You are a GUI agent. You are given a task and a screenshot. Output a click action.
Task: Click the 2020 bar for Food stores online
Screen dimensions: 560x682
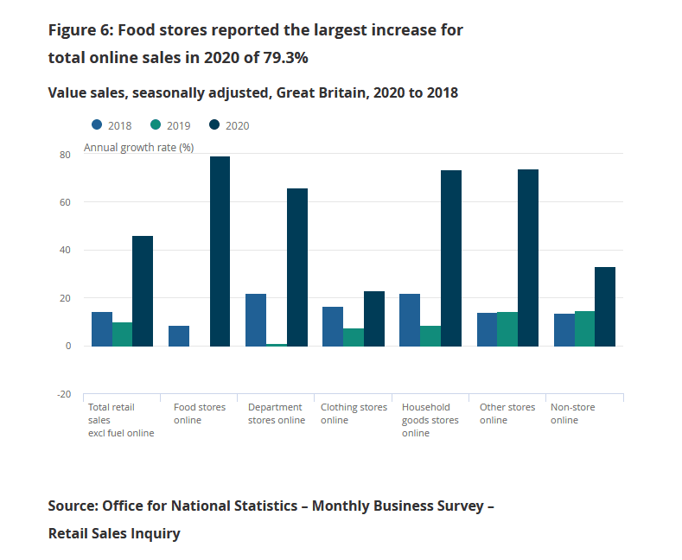(220, 251)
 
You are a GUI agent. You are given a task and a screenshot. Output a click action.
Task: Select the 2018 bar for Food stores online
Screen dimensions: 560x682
(179, 335)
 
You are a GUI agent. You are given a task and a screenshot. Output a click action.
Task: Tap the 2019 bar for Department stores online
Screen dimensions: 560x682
(277, 344)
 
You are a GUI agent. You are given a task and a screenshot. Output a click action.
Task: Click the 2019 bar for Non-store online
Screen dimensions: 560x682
(584, 328)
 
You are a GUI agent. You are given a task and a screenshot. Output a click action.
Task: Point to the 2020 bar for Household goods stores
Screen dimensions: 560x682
(450, 258)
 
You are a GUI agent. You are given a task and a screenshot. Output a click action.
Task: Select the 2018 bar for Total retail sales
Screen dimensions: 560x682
(102, 328)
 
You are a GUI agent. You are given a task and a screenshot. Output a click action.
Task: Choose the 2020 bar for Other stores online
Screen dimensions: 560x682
(527, 258)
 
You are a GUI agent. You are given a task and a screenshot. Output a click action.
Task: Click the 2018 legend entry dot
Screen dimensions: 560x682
(97, 125)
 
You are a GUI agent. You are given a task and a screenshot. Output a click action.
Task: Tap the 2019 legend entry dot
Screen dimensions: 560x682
(156, 125)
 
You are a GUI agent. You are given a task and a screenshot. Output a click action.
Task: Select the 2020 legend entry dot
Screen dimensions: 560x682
(214, 125)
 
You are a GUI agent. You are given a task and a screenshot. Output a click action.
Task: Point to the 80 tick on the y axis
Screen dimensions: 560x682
(65, 155)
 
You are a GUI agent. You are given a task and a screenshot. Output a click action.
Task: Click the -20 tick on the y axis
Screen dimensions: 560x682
(63, 394)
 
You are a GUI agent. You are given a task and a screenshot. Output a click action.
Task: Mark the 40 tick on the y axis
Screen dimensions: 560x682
(65, 251)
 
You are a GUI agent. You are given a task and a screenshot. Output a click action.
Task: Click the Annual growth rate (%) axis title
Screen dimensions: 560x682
(138, 148)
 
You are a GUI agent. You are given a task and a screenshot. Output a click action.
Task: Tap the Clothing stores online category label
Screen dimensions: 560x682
(353, 413)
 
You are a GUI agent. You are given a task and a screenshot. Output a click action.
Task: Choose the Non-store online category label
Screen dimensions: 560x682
(572, 413)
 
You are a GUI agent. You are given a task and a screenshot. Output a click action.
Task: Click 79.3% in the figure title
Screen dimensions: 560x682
(280, 58)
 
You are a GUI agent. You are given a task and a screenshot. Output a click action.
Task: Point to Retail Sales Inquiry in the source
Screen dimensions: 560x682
(114, 533)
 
